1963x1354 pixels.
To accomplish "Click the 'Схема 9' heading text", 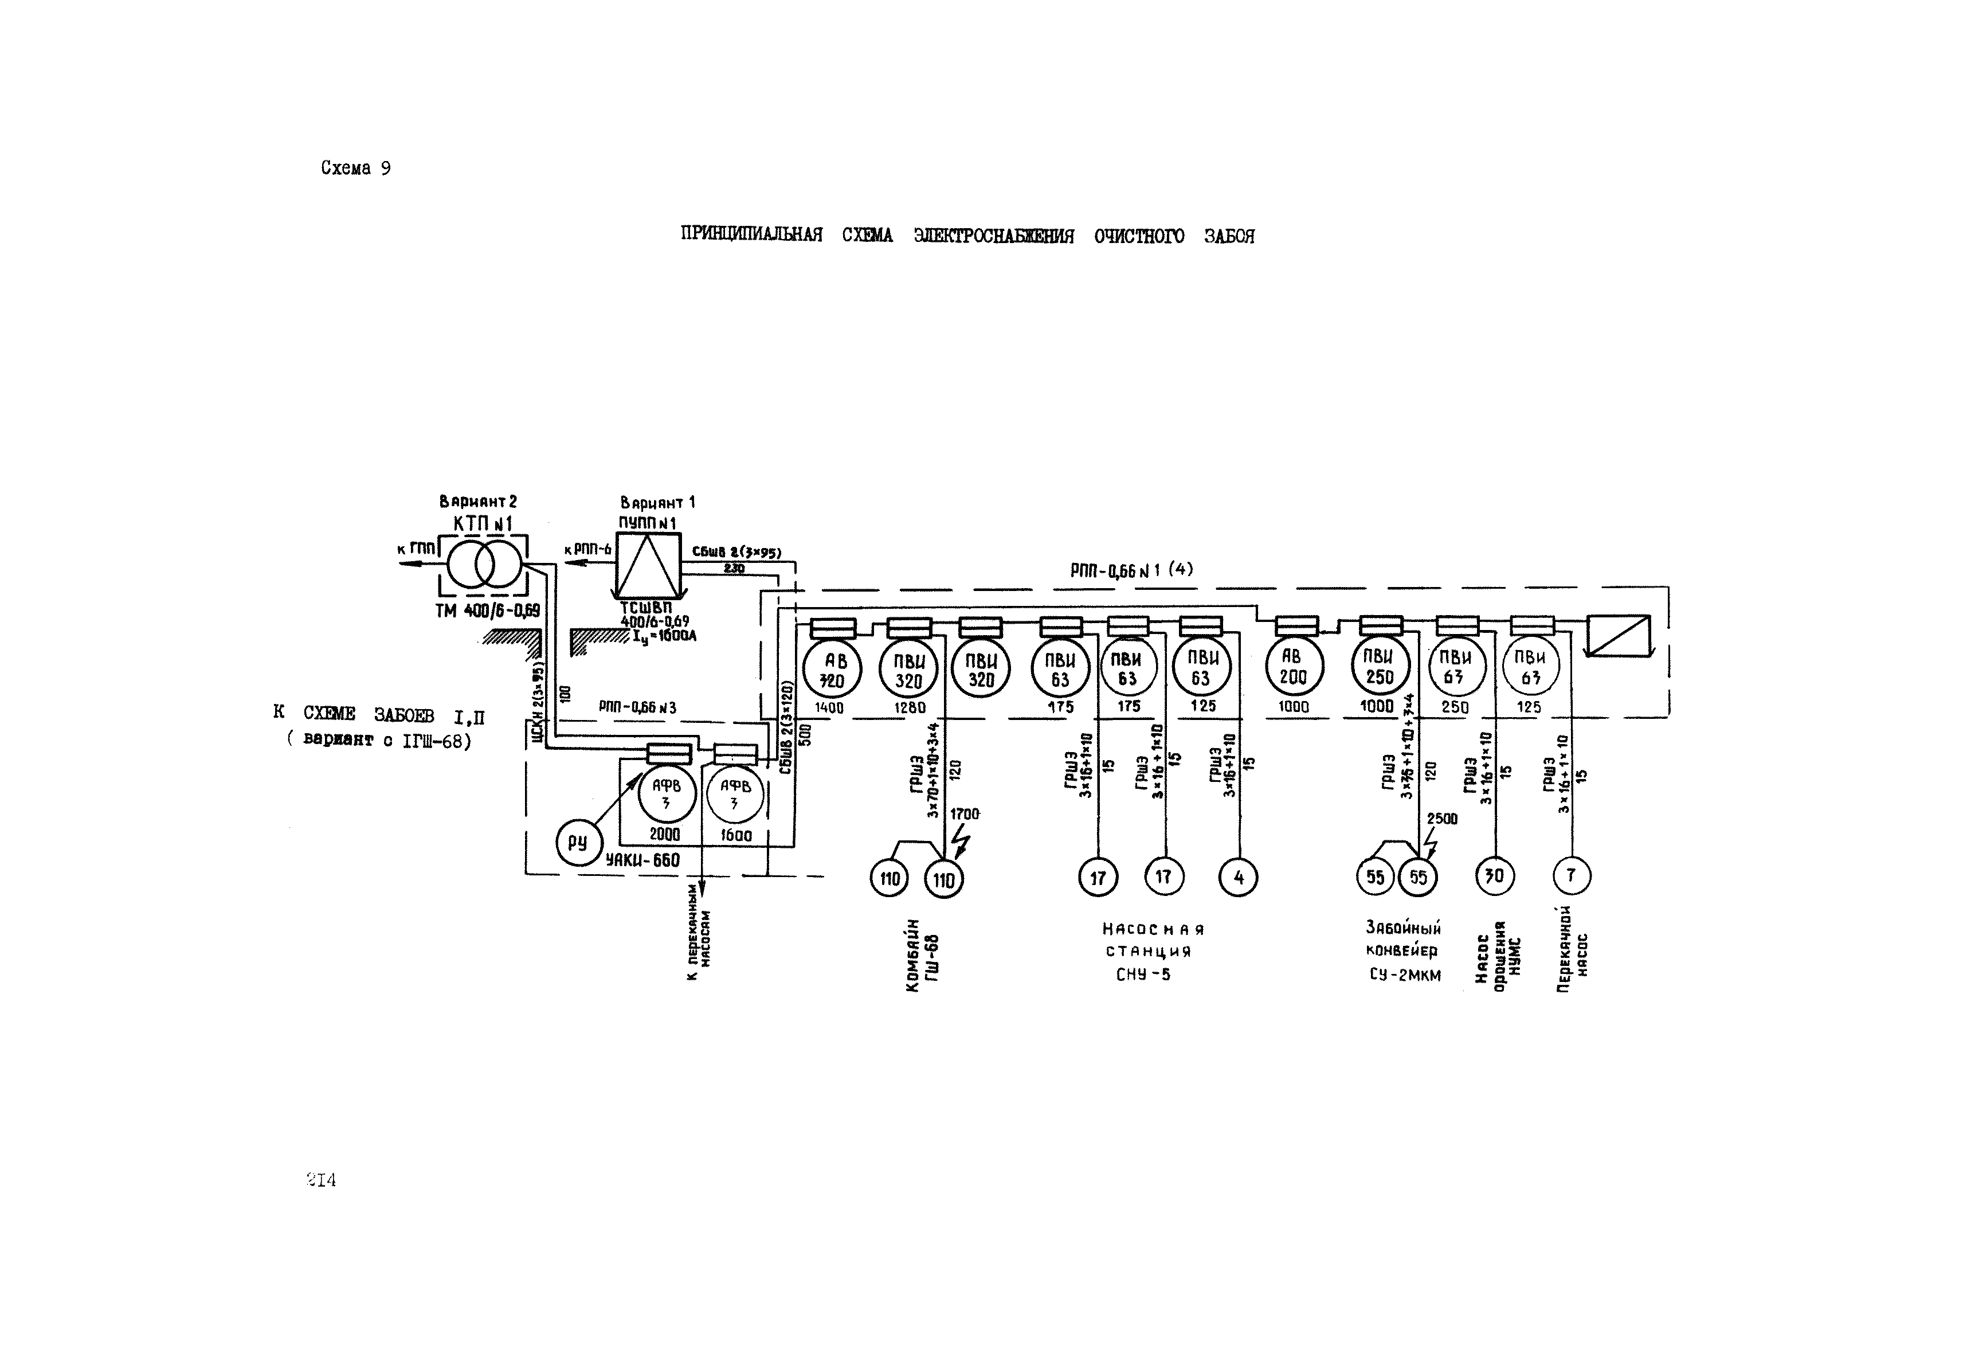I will (x=355, y=168).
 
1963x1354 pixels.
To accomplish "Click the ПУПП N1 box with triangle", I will (x=649, y=566).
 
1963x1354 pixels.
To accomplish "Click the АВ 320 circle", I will (x=832, y=670).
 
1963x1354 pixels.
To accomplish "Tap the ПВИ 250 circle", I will (x=1380, y=667).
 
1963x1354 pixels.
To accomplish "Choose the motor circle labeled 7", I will (x=1571, y=875).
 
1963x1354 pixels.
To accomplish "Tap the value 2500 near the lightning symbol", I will (x=1442, y=819).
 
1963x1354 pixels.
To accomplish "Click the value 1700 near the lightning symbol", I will (x=965, y=813).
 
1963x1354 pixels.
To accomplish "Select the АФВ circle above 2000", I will (x=667, y=794).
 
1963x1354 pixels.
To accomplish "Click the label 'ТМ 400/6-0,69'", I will (x=487, y=611).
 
